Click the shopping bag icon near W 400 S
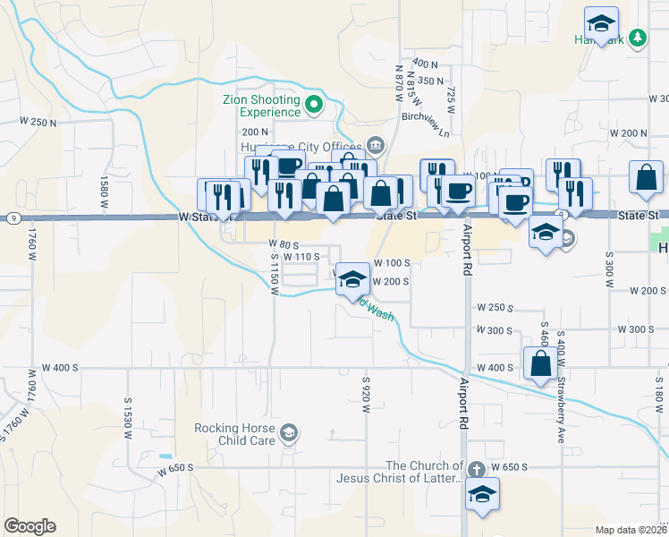coord(540,364)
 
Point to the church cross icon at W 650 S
coord(477,468)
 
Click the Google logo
coord(30,526)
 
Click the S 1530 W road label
coord(129,414)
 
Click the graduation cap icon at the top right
coord(602,22)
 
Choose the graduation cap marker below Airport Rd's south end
coord(482,494)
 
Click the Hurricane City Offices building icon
coord(375,146)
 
